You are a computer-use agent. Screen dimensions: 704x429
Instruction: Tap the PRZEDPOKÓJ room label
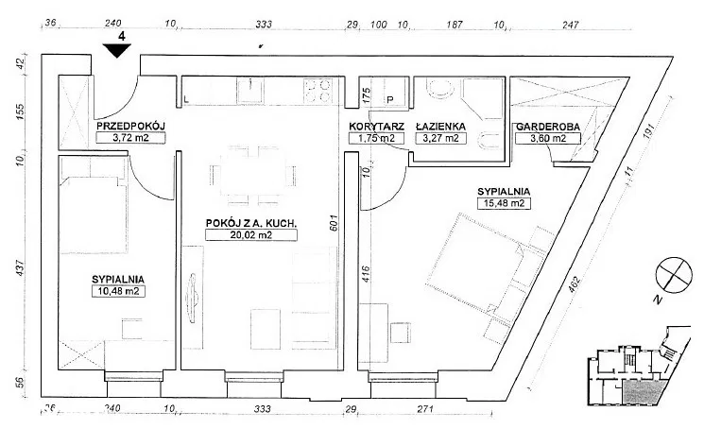(131, 126)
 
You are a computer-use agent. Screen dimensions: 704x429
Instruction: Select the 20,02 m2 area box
(251, 234)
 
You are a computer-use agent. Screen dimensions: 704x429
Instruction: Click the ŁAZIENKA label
(440, 127)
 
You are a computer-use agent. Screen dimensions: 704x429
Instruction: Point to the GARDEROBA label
(548, 127)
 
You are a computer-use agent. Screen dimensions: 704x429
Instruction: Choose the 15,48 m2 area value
(504, 203)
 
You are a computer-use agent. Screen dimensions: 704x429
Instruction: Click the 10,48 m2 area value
(118, 291)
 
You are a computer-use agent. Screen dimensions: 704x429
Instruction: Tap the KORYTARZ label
(377, 127)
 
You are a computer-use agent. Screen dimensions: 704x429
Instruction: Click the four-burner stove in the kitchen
(318, 90)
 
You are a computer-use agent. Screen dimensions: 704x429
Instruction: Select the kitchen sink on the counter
(251, 90)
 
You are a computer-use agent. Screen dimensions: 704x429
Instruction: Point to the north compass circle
(674, 275)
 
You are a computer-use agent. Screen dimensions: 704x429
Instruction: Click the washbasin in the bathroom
(440, 89)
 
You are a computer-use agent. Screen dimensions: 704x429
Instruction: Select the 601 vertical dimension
(334, 223)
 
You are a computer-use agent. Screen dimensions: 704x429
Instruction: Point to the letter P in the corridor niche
(389, 99)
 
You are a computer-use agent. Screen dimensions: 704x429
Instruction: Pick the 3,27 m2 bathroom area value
(441, 138)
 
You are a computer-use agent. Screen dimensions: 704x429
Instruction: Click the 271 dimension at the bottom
(425, 409)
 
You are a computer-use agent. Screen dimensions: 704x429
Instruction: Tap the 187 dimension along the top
(455, 25)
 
